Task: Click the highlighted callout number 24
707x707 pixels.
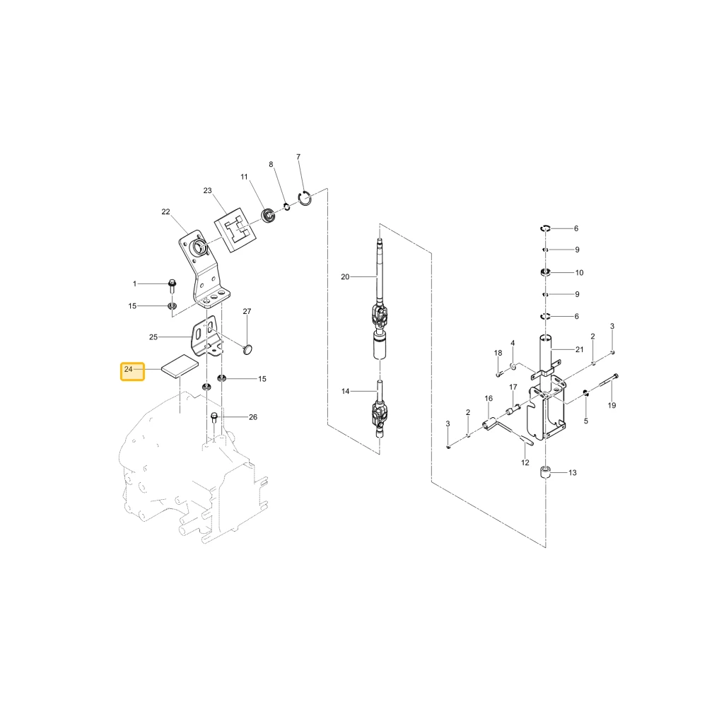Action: point(129,369)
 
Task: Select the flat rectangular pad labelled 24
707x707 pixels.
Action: point(180,366)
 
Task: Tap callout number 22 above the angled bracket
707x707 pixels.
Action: point(166,212)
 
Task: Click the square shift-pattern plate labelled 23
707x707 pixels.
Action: point(235,230)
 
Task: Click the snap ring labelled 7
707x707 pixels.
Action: point(305,199)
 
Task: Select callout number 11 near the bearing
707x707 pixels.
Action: point(245,177)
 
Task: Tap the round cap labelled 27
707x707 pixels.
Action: point(247,349)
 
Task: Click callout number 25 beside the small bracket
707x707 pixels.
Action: point(153,337)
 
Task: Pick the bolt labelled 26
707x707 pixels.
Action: point(215,418)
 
